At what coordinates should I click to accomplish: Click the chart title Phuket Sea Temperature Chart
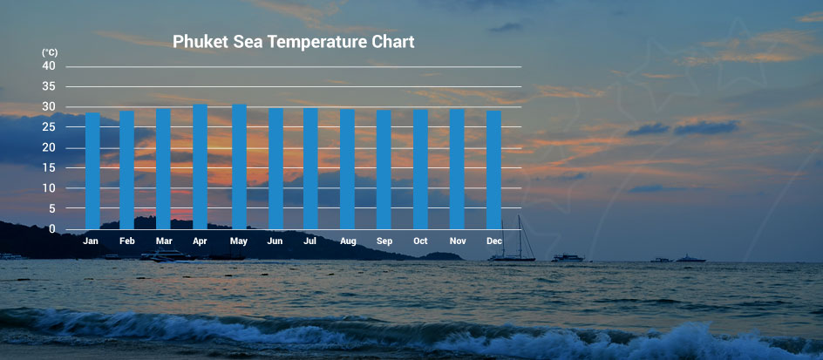coord(293,42)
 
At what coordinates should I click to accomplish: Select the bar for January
coord(92,171)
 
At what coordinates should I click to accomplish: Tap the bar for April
coord(200,166)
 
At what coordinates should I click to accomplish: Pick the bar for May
coord(239,166)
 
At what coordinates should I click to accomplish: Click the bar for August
coord(347,169)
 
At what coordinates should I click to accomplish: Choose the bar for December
coord(493,170)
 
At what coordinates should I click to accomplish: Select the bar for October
coord(420,169)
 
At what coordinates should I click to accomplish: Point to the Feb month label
coord(127,241)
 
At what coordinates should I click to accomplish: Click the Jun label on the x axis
coord(275,241)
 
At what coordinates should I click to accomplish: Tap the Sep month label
coord(384,241)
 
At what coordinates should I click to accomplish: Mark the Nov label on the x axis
coord(457,241)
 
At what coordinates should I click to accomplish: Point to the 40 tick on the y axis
coord(49,66)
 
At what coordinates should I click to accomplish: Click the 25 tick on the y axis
coord(49,127)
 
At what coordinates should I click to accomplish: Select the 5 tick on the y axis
coord(51,208)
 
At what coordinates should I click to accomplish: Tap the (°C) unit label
coord(49,53)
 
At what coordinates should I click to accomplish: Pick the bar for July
coord(310,168)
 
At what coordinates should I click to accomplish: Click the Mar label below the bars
coord(164,241)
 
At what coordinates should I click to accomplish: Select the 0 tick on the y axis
coord(51,228)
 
